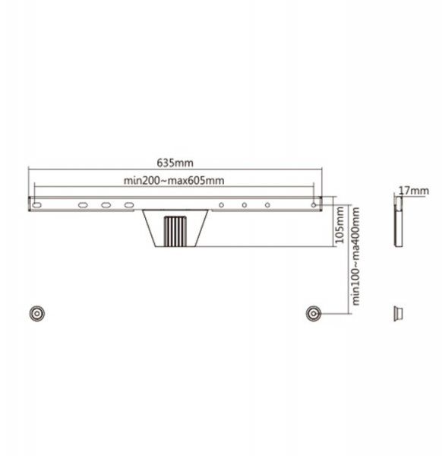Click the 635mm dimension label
pos(175,163)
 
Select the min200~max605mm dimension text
pos(174,181)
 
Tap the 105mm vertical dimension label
pos(339,225)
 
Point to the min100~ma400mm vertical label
pos(355,256)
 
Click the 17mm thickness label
pos(414,191)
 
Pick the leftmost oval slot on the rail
pos(37,205)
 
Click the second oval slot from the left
pos(83,205)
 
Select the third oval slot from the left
pos(106,205)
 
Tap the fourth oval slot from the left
pos(129,205)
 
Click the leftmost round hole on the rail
pos(222,205)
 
